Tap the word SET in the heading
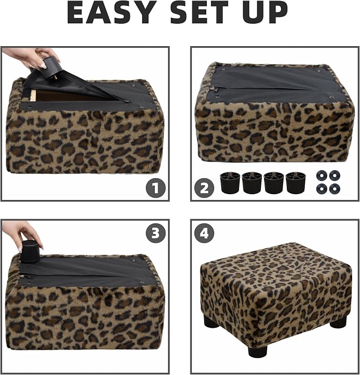pos(200,12)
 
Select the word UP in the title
pos(267,12)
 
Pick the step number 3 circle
pos(156,233)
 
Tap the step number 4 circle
pos(204,233)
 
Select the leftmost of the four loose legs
pos(230,182)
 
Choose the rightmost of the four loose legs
pos(296,182)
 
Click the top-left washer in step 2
pos(322,176)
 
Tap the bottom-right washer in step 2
pos(335,189)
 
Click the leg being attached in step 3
pos(30,252)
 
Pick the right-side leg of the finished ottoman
pos(338,322)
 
